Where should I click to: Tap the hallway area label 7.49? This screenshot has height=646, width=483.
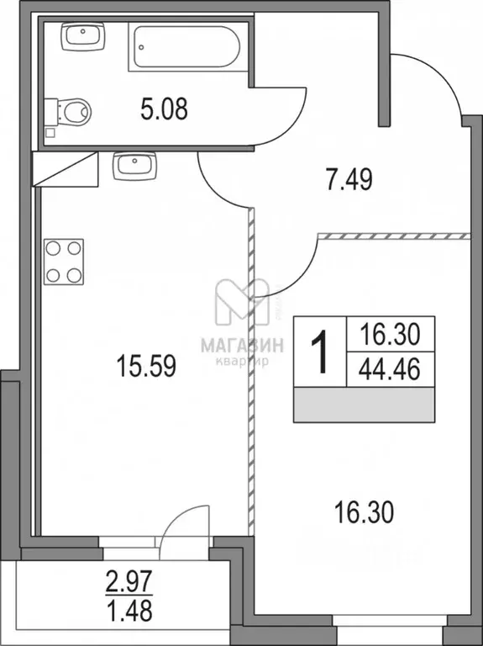347,177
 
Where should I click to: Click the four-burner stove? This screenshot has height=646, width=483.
65,261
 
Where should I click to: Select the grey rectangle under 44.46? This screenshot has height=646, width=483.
365,405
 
